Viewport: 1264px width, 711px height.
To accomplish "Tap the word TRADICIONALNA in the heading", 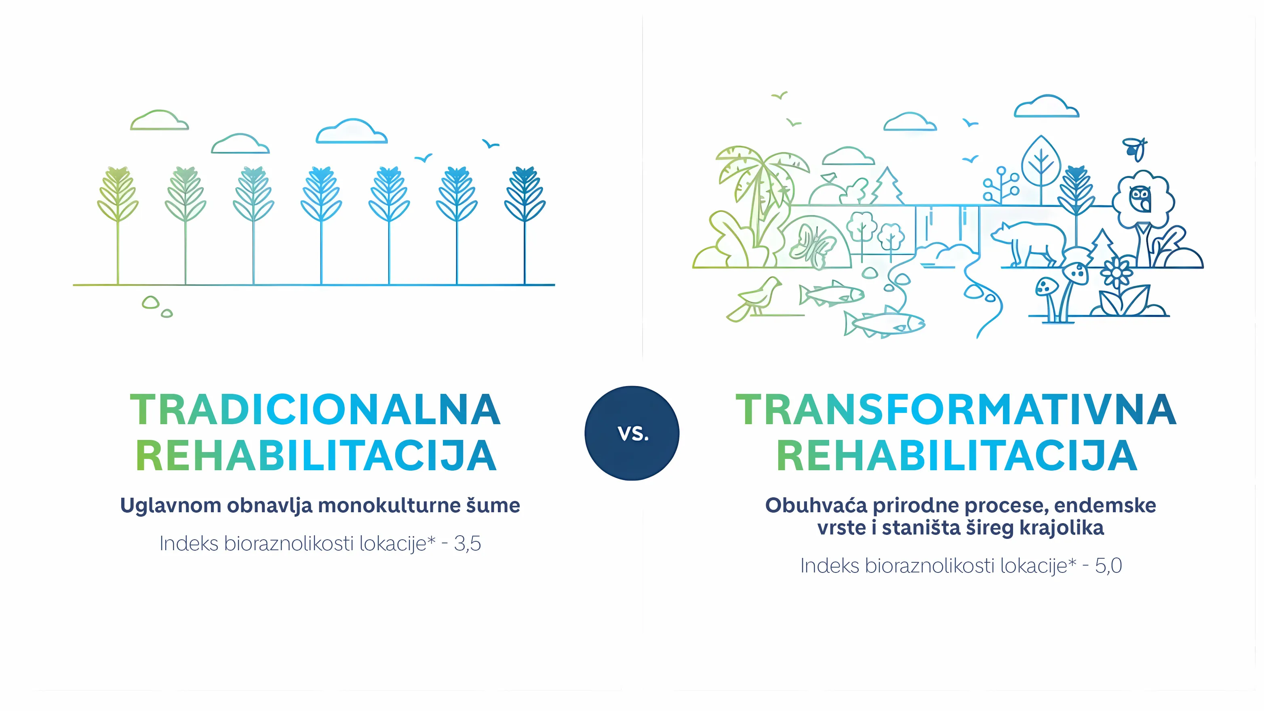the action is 316,409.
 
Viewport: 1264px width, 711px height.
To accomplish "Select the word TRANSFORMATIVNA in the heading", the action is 956,409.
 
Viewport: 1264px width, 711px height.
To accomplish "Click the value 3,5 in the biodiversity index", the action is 467,544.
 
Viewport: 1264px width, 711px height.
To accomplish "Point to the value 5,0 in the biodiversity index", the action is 1108,566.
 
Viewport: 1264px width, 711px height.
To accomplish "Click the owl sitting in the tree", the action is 1140,199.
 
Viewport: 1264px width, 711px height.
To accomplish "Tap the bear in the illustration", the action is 1028,243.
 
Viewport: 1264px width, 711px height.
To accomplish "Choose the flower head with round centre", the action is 1117,272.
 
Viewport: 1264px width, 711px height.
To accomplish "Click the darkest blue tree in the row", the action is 525,225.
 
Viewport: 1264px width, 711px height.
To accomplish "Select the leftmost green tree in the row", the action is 118,225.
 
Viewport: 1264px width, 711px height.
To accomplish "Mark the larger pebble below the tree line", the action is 151,302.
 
